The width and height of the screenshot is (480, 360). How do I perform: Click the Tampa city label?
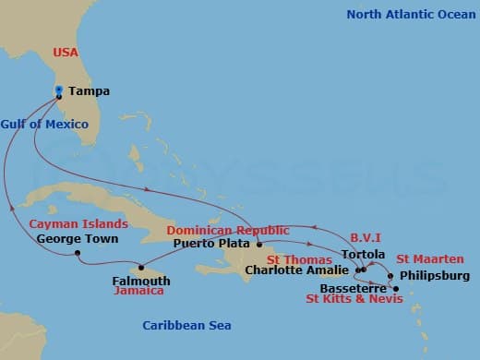point(89,91)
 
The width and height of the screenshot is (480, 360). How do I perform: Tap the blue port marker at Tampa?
point(58,90)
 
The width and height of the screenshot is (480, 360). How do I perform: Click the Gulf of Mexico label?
point(44,124)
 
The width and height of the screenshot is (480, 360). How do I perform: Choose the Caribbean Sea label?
point(186,325)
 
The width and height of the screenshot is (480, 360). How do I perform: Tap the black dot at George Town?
point(78,253)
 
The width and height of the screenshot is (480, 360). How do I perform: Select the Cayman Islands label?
point(72,223)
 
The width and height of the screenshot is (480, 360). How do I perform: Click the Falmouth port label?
point(140,281)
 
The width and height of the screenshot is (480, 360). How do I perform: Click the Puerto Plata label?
point(212,245)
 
